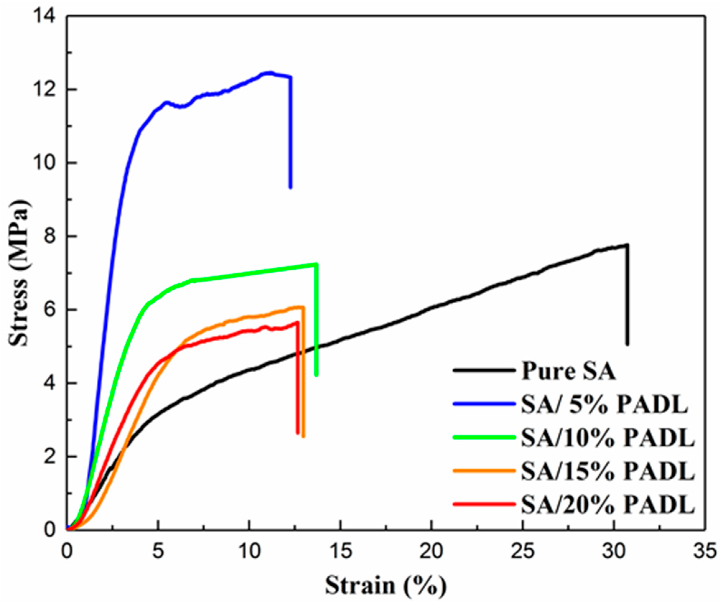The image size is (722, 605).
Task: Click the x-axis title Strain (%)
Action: [x=386, y=585]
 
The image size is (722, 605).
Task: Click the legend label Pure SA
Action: [x=568, y=371]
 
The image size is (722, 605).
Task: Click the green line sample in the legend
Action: [x=484, y=437]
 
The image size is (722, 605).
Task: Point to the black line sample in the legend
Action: [x=484, y=370]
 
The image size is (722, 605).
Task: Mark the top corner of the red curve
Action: [x=297, y=322]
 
